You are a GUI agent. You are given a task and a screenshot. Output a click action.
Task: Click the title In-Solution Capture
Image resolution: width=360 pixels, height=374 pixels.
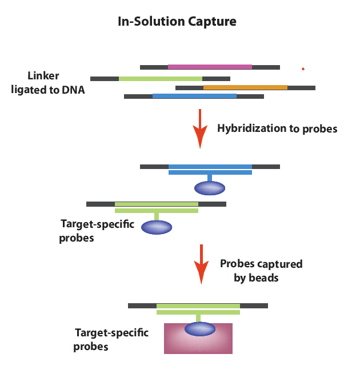pyautogui.click(x=177, y=22)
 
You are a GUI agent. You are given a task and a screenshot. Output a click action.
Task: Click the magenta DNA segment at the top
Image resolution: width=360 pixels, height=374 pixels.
pyautogui.click(x=210, y=67)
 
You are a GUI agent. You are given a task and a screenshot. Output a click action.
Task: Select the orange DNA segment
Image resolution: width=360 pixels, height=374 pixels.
pyautogui.click(x=245, y=87)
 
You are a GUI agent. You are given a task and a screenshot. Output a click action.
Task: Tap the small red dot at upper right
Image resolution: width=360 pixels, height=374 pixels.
pyautogui.click(x=303, y=69)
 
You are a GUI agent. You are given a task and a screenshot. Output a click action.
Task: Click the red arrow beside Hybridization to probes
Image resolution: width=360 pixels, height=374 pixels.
pyautogui.click(x=200, y=129)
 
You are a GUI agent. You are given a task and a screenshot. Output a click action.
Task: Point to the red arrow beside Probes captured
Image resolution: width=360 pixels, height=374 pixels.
pyautogui.click(x=201, y=264)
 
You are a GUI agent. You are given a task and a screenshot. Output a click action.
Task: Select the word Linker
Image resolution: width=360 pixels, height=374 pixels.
pyautogui.click(x=43, y=76)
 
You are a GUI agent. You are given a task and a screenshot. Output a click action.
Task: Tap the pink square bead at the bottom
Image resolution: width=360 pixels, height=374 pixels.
pyautogui.click(x=198, y=339)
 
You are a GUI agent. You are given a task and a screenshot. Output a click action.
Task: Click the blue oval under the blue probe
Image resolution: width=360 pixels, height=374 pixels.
pyautogui.click(x=210, y=188)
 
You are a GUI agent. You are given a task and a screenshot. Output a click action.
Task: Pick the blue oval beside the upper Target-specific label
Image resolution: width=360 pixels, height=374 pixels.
pyautogui.click(x=157, y=227)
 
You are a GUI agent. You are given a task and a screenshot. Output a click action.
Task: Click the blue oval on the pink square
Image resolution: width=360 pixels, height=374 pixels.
pyautogui.click(x=200, y=329)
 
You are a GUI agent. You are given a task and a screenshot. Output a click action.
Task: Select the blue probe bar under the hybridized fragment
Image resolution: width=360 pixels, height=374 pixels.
pyautogui.click(x=210, y=172)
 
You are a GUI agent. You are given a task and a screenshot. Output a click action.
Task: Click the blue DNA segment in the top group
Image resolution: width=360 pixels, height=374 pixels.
pyautogui.click(x=194, y=96)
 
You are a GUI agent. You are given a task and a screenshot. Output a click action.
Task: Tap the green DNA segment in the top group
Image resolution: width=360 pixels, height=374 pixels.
pyautogui.click(x=161, y=78)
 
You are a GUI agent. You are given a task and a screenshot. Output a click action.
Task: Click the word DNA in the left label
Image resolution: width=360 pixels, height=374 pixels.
pyautogui.click(x=73, y=90)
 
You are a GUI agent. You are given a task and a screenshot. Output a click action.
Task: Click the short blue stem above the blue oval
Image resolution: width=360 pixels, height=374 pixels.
pyautogui.click(x=210, y=178)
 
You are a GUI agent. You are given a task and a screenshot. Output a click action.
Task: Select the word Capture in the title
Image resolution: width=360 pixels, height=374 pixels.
pyautogui.click(x=212, y=22)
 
